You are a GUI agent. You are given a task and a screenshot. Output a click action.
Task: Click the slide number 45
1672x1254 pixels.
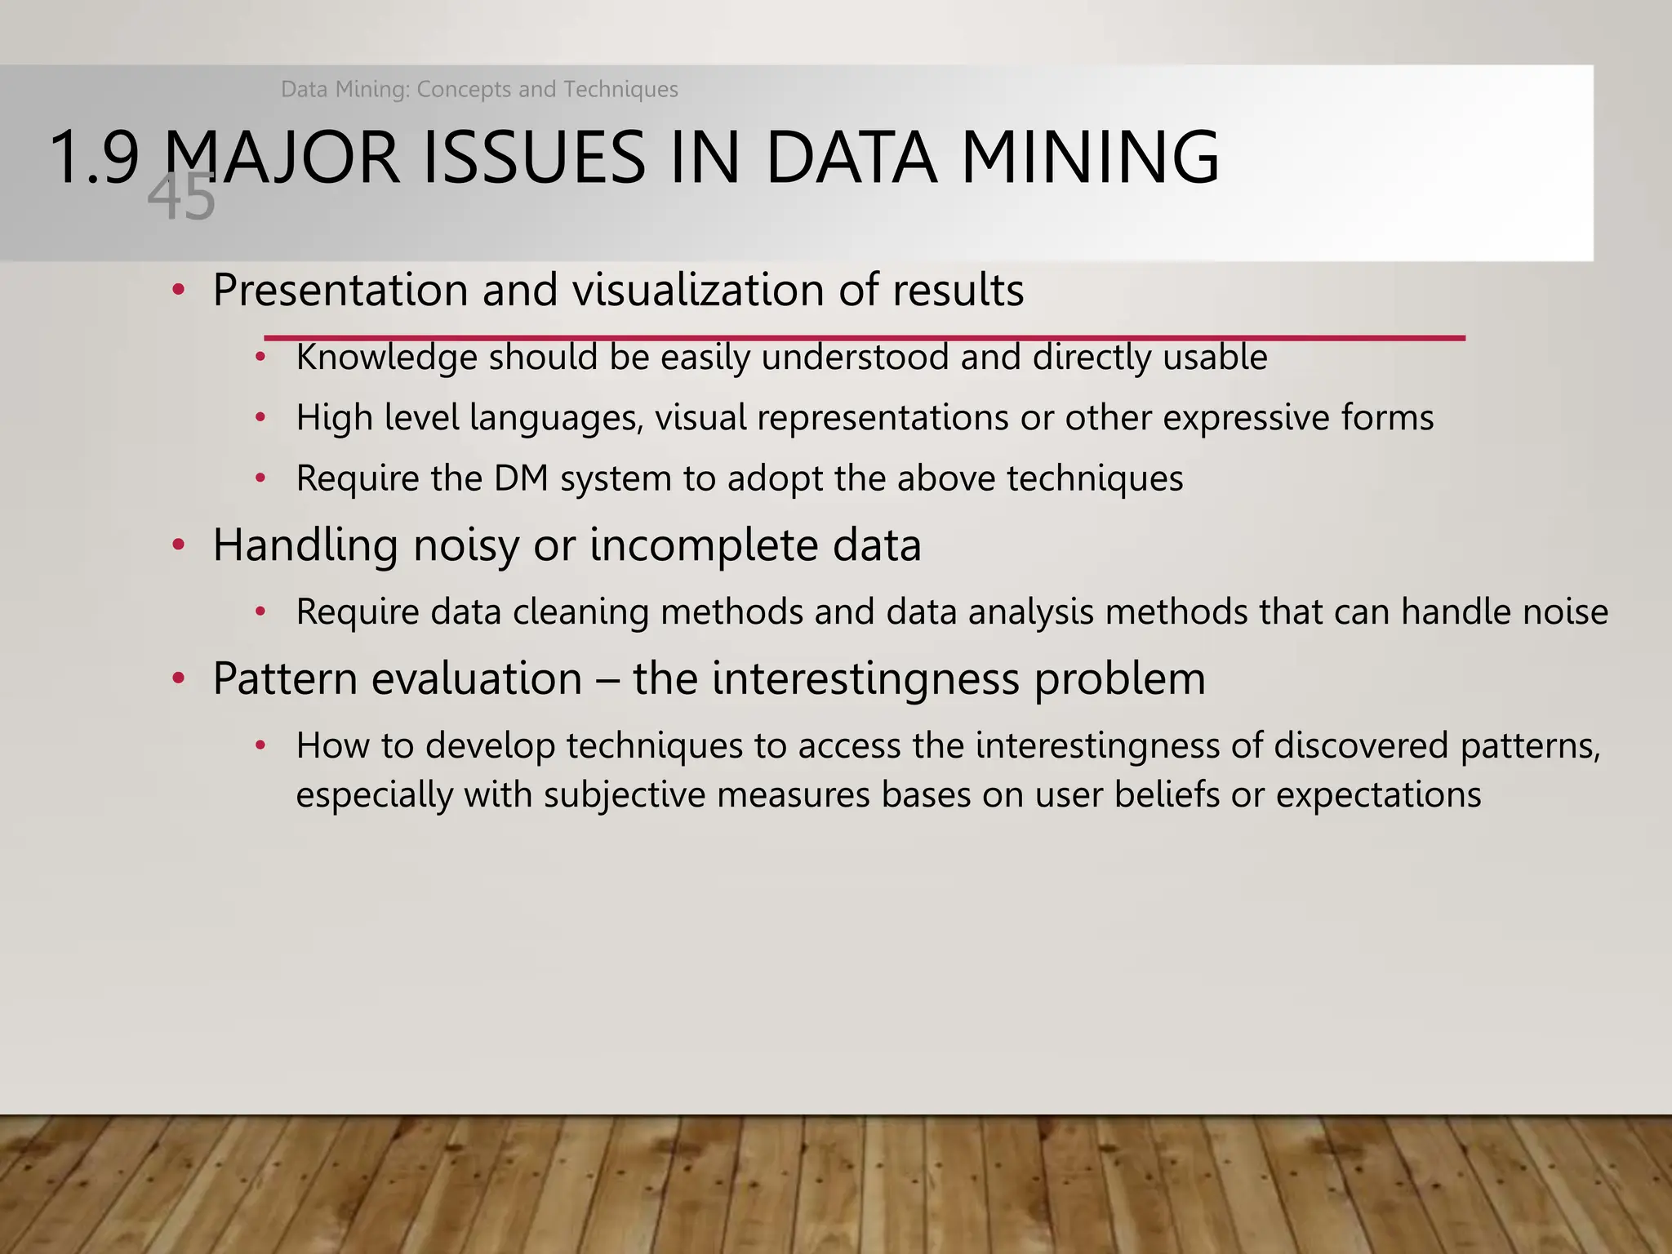point(181,198)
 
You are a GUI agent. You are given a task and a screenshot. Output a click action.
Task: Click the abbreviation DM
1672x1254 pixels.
point(521,478)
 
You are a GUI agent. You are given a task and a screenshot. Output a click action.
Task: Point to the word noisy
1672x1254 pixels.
point(465,545)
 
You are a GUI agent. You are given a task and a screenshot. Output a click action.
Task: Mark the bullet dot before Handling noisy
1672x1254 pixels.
point(179,545)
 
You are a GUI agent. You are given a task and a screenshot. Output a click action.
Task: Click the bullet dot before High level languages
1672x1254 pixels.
point(260,418)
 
